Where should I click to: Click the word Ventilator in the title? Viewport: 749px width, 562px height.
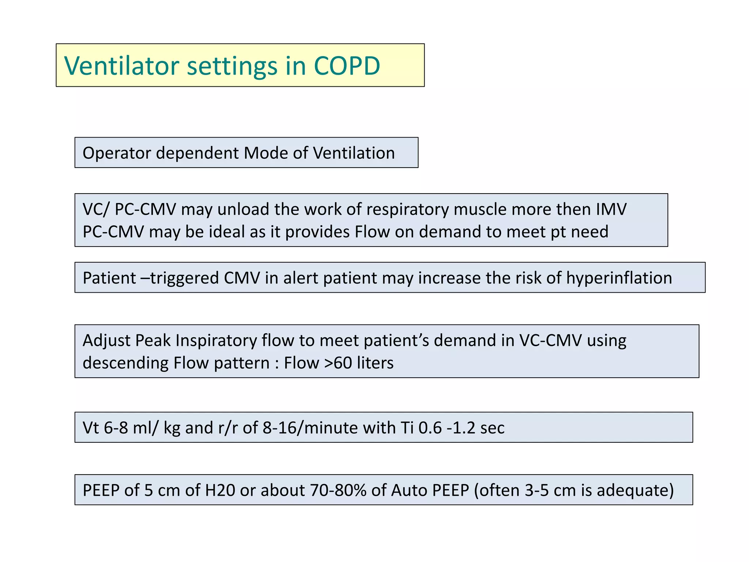coord(122,66)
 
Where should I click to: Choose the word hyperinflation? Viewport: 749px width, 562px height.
coord(619,278)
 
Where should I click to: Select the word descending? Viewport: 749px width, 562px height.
coord(125,363)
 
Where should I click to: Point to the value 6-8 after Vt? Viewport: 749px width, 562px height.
coord(116,428)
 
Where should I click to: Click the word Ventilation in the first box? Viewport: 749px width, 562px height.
coord(354,153)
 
